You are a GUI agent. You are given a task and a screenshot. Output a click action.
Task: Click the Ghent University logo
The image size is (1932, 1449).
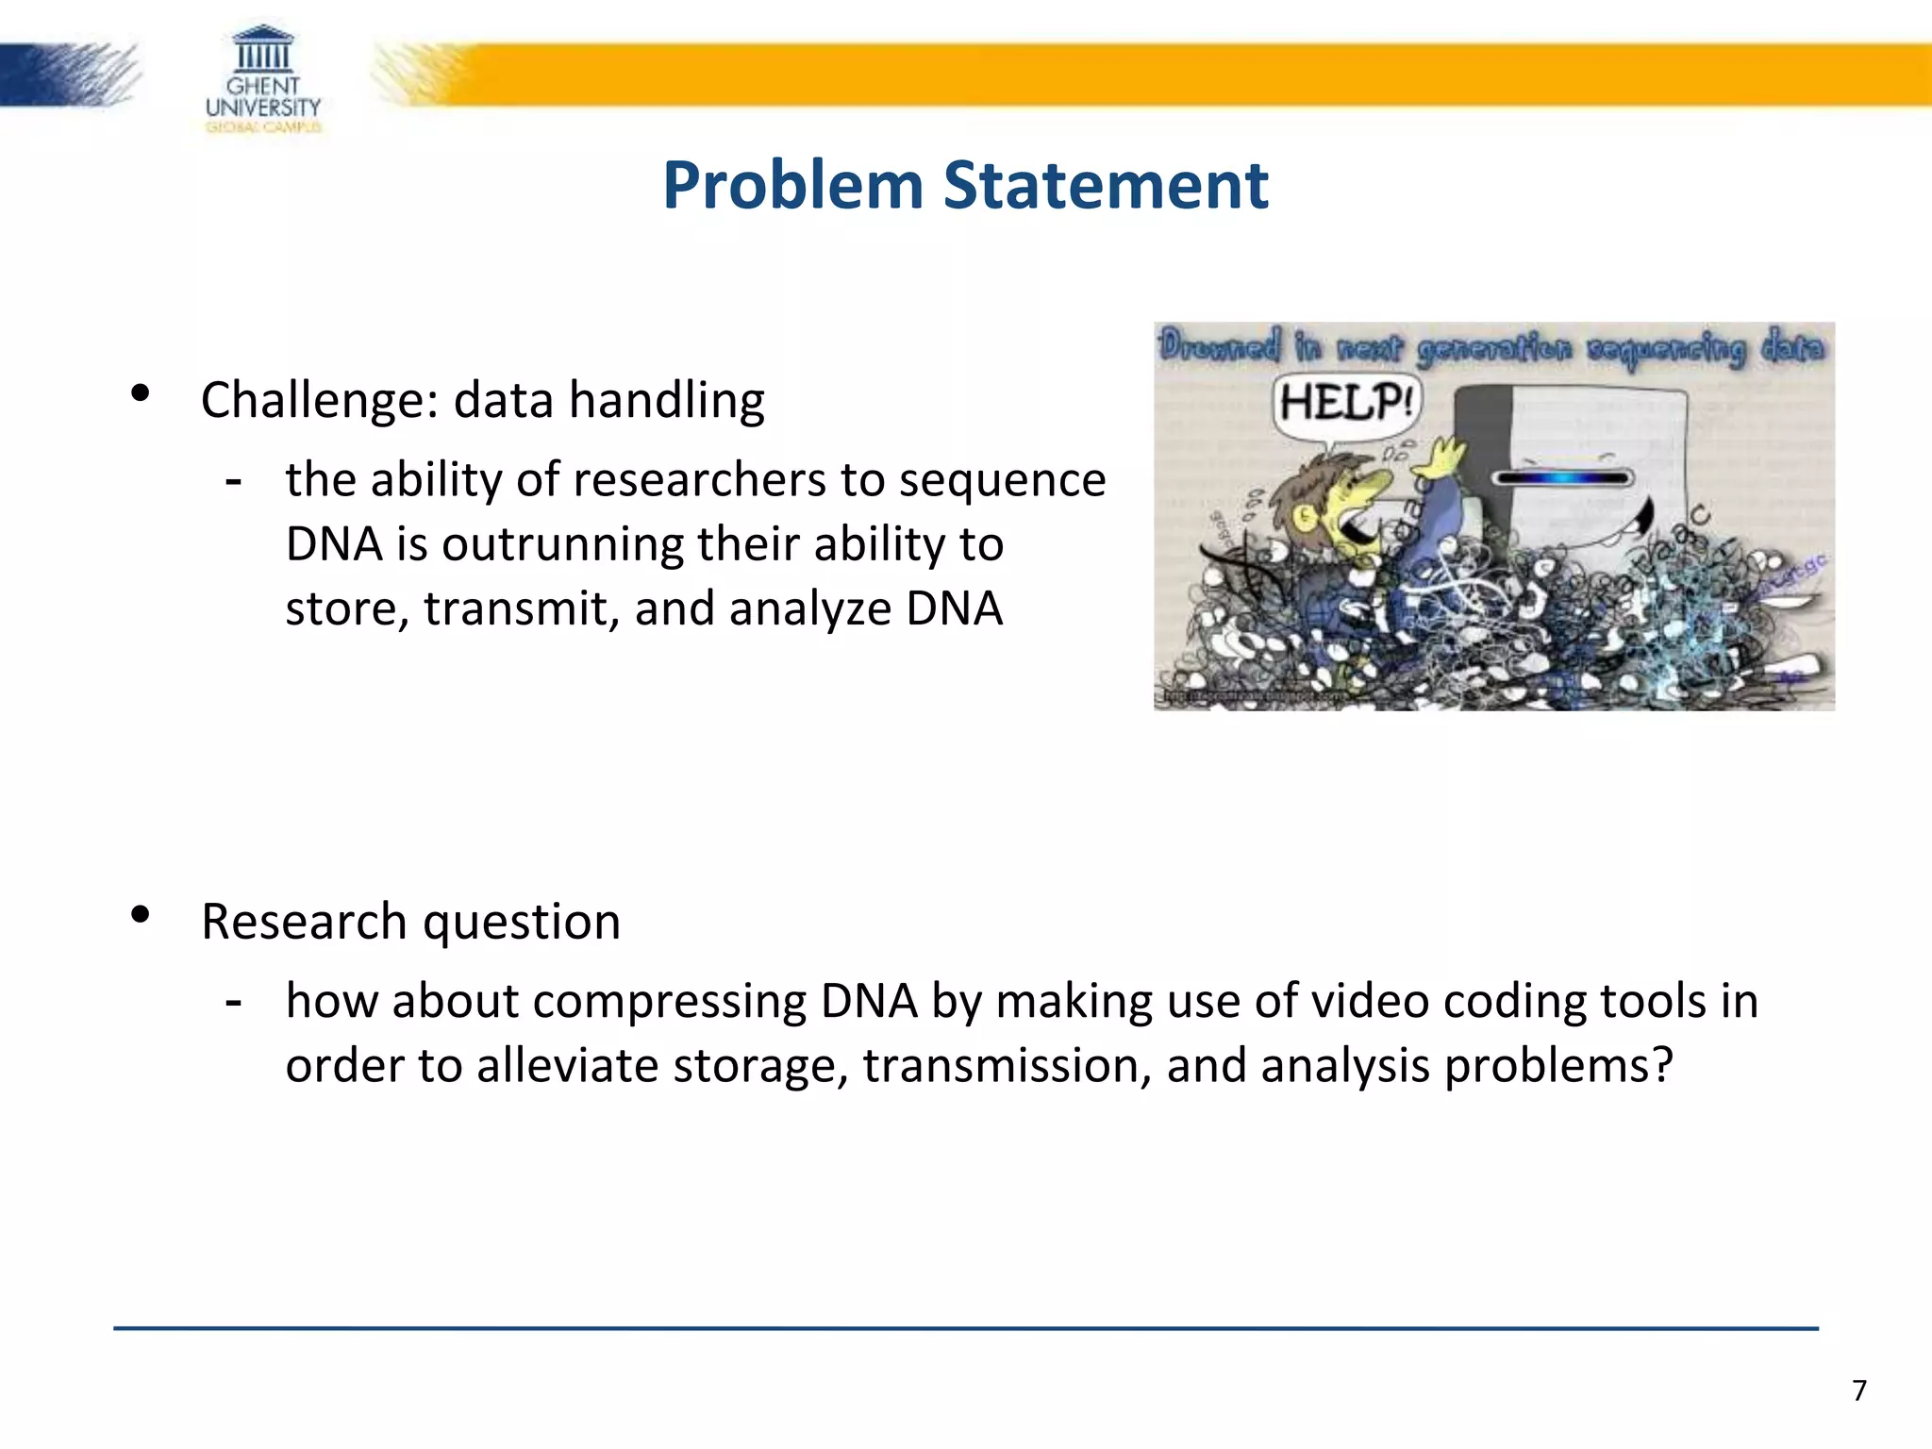pos(263,79)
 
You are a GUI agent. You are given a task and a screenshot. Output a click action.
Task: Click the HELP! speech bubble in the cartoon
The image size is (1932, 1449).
pos(1346,403)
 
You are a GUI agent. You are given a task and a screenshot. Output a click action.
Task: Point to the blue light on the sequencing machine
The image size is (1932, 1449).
pos(1564,478)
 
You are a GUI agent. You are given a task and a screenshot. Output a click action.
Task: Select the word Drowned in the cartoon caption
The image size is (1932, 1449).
pos(1220,347)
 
